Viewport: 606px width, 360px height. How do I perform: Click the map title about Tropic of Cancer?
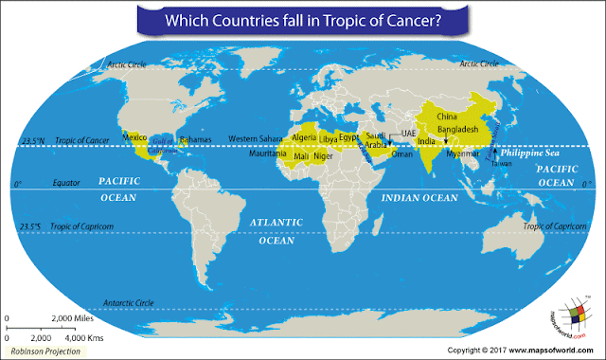click(x=304, y=19)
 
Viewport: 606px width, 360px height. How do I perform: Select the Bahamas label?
click(x=195, y=138)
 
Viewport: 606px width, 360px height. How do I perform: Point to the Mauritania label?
click(x=267, y=153)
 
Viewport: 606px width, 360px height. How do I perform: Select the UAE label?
click(x=409, y=133)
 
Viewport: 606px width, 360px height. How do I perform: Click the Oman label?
click(x=401, y=153)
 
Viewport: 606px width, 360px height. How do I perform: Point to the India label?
click(x=426, y=141)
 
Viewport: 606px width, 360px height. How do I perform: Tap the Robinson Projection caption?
click(x=43, y=349)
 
